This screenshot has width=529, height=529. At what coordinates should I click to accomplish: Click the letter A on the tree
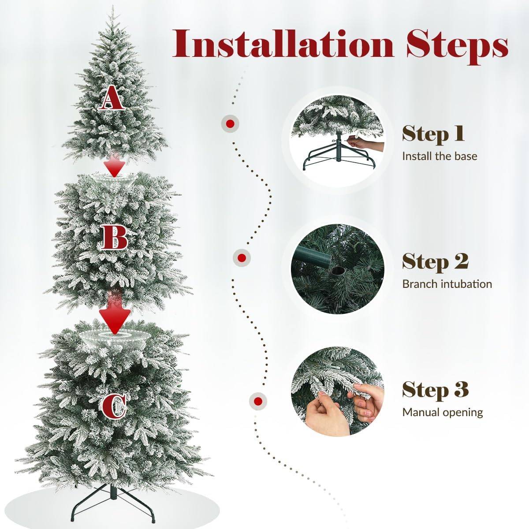tap(112, 97)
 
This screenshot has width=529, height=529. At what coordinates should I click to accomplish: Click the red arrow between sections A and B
tap(114, 166)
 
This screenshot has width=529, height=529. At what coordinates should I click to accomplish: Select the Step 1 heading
tap(433, 134)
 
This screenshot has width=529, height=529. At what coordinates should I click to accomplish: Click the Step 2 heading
tap(435, 262)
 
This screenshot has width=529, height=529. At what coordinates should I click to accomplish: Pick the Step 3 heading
tap(435, 390)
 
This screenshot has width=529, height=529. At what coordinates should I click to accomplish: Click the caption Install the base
tap(440, 156)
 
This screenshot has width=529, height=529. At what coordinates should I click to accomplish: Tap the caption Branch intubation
tap(447, 284)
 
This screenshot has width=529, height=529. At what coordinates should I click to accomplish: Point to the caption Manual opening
tap(443, 412)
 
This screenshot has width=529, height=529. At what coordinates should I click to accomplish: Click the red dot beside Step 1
tap(230, 124)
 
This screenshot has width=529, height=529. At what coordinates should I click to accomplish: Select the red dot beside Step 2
tap(242, 258)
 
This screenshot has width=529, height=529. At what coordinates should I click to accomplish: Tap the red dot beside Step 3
tap(258, 401)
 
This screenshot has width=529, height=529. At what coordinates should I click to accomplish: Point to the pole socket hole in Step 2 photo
tap(338, 272)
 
